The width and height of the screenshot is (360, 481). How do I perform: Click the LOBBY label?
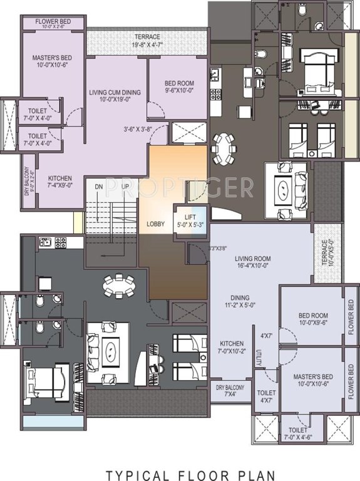tap(156, 224)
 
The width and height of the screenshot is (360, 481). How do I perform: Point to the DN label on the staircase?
tap(98, 187)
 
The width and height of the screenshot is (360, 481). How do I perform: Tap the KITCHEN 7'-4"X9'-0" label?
tap(60, 182)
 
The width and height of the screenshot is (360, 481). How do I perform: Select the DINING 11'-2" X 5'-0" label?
tap(239, 302)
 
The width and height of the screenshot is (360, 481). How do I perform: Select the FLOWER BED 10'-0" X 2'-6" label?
tap(53, 24)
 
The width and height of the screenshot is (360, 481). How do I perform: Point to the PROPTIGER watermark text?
tap(180, 186)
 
